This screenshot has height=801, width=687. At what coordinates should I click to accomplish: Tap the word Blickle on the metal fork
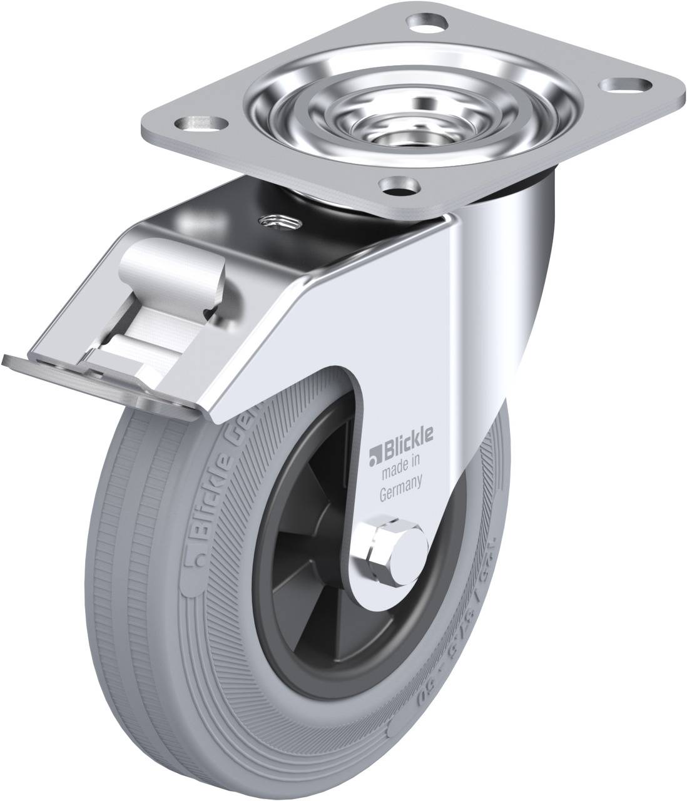point(399,451)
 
